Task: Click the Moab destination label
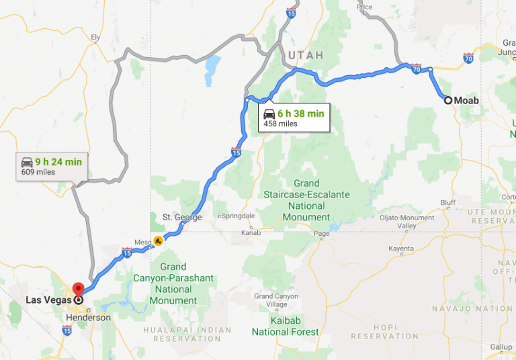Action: click(x=467, y=101)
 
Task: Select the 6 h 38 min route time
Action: click(x=300, y=114)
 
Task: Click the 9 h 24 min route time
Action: click(x=58, y=161)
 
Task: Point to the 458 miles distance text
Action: click(x=280, y=124)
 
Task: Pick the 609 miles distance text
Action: click(x=38, y=172)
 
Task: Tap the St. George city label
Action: click(x=182, y=217)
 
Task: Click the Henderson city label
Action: click(x=88, y=317)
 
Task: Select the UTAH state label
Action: click(x=306, y=55)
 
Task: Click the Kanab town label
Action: click(x=250, y=233)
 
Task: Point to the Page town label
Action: click(x=322, y=234)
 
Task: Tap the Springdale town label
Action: click(x=235, y=216)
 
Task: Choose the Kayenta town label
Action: click(x=400, y=249)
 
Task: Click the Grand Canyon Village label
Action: click(x=275, y=300)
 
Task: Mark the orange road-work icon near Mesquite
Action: click(x=158, y=240)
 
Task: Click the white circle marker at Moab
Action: click(x=447, y=101)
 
